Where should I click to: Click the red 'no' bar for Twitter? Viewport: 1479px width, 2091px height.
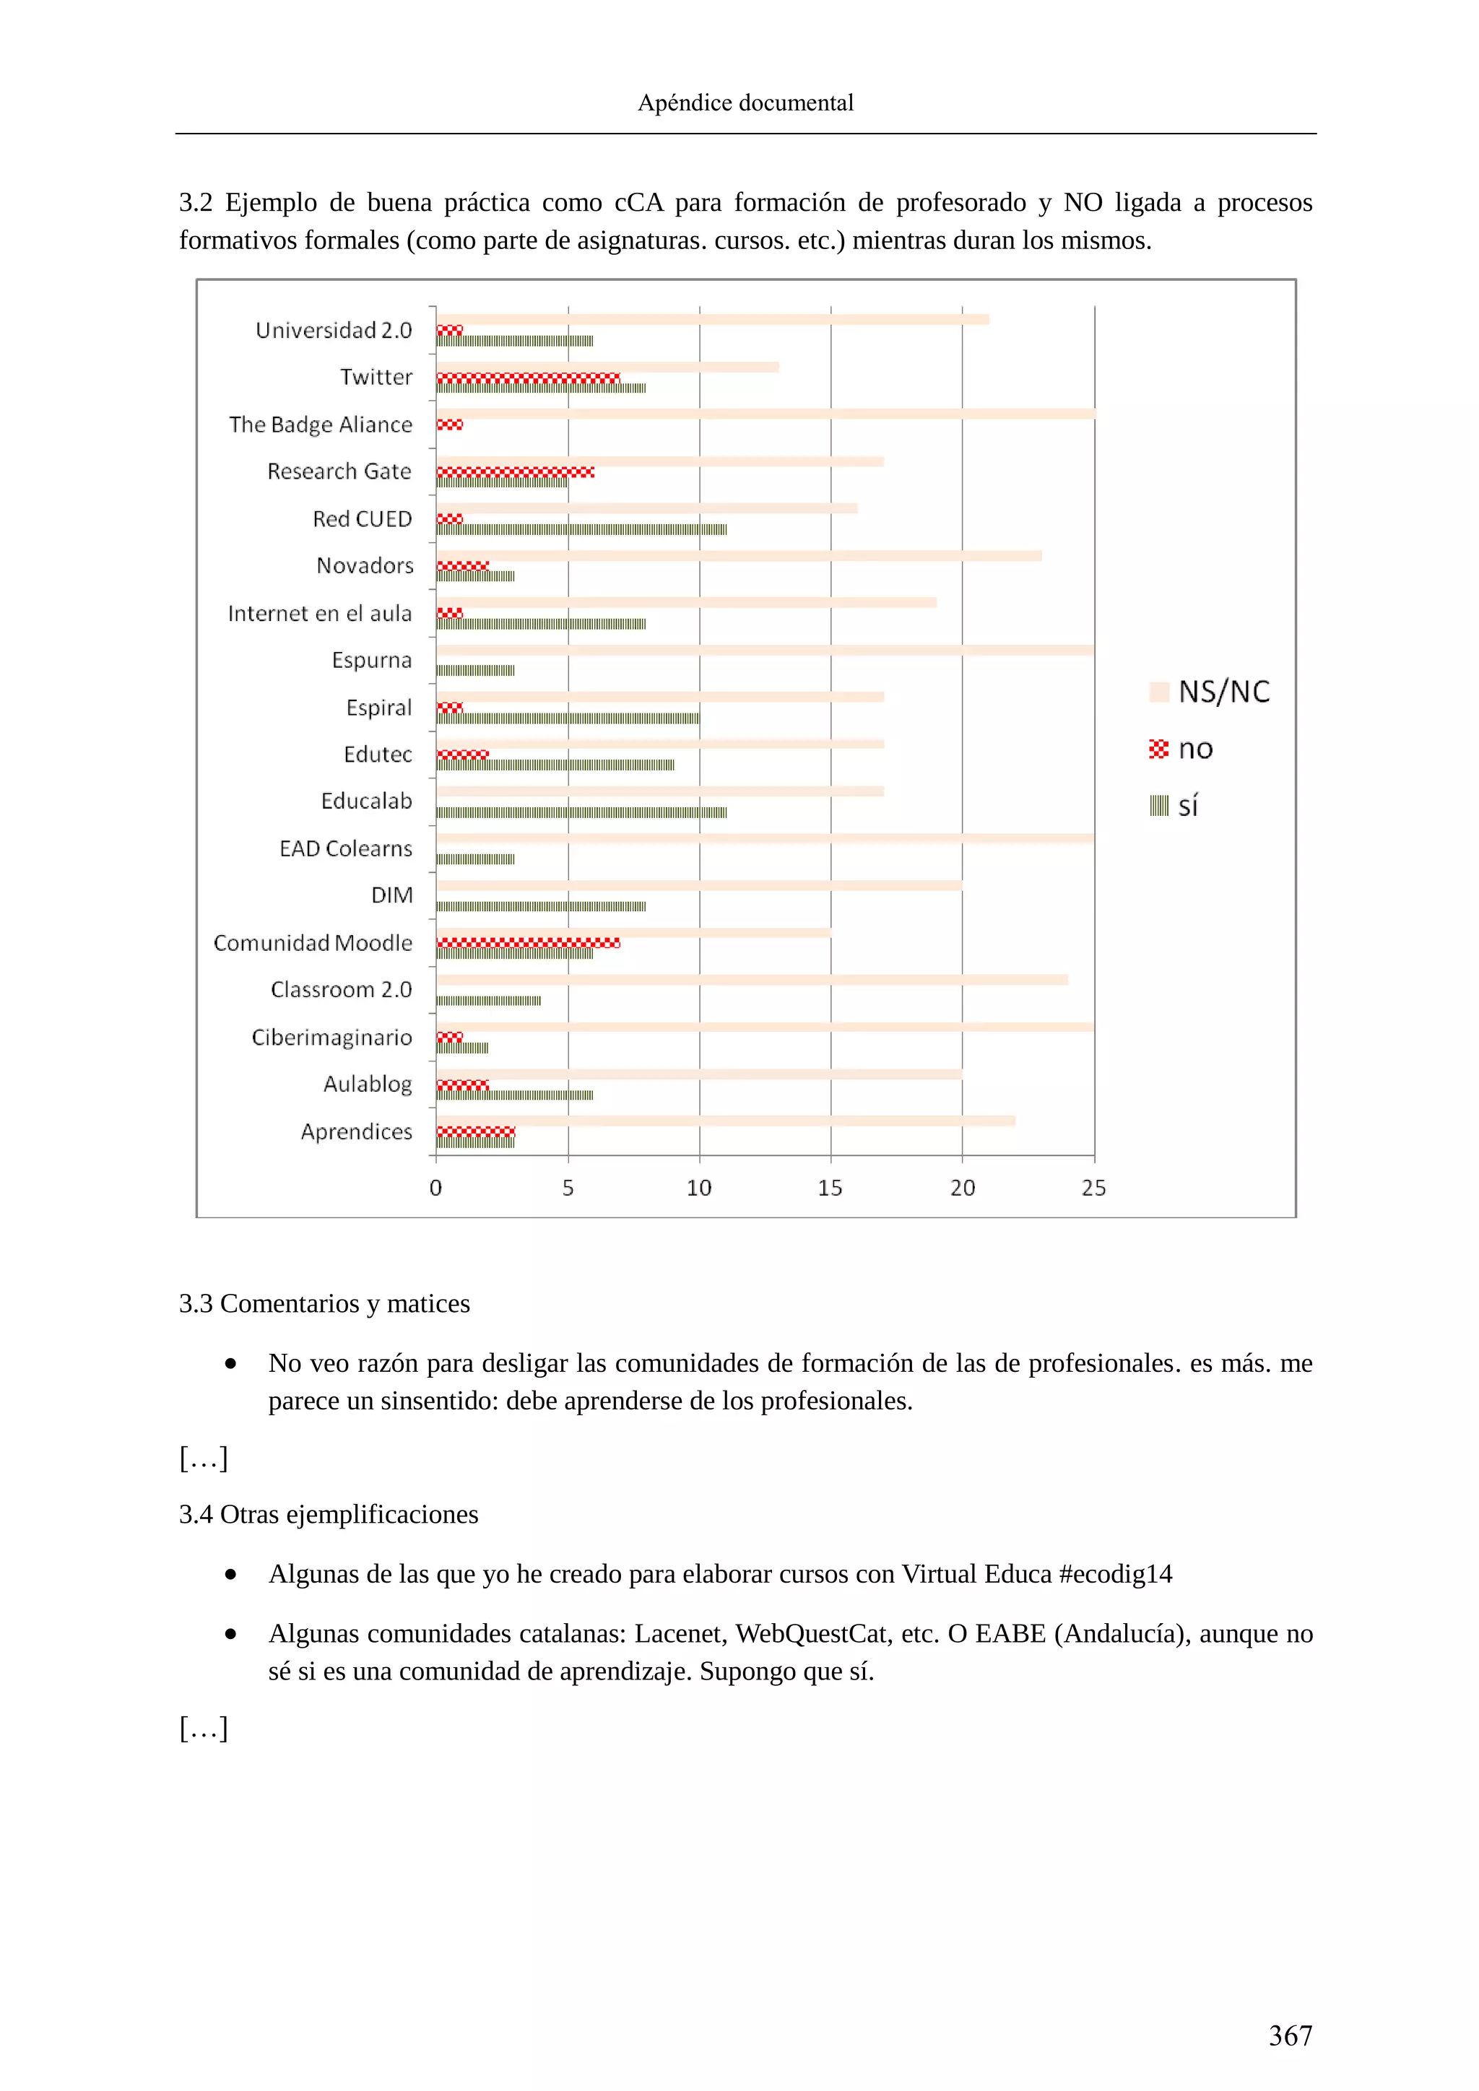click(528, 378)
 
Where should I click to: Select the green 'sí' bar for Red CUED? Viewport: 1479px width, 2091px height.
click(581, 529)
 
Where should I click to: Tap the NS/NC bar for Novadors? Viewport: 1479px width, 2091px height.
click(739, 555)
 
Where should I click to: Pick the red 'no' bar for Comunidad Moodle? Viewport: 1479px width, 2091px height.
click(528, 942)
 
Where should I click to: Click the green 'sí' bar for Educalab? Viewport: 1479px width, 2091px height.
click(581, 812)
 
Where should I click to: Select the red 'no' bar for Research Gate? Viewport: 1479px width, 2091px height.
click(516, 471)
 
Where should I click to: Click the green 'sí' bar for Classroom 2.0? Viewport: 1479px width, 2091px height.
click(489, 1001)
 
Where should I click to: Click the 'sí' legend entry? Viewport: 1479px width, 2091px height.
click(1175, 806)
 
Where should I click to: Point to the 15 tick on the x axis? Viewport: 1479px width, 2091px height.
click(830, 1188)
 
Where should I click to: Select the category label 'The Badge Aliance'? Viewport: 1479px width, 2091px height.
click(321, 425)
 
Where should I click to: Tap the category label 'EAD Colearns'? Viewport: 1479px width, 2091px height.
click(345, 849)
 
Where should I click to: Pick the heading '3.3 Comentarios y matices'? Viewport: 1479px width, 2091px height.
click(324, 1304)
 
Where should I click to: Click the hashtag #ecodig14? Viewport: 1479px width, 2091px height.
click(1116, 1575)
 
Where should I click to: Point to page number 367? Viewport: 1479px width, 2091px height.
click(1290, 2035)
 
